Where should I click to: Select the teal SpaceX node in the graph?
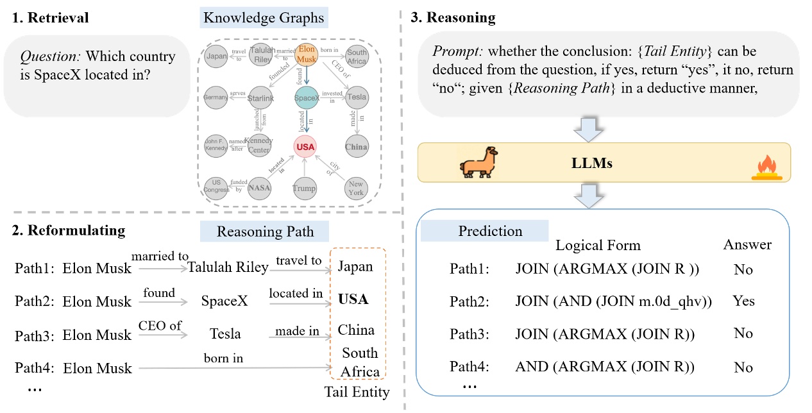click(x=307, y=97)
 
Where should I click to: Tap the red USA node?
click(x=307, y=147)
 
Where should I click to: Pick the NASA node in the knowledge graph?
click(x=260, y=187)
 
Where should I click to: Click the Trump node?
click(x=304, y=188)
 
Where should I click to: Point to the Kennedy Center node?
click(x=259, y=145)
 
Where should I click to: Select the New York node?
click(x=355, y=188)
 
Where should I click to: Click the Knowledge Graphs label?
click(x=264, y=18)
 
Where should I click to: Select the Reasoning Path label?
click(x=265, y=232)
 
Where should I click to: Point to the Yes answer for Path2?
click(x=743, y=301)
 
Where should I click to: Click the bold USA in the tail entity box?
click(x=353, y=299)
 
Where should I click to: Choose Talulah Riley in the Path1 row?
click(x=228, y=267)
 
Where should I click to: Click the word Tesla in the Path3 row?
click(x=225, y=334)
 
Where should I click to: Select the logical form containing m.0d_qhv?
click(x=614, y=301)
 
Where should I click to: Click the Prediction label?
click(x=490, y=231)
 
